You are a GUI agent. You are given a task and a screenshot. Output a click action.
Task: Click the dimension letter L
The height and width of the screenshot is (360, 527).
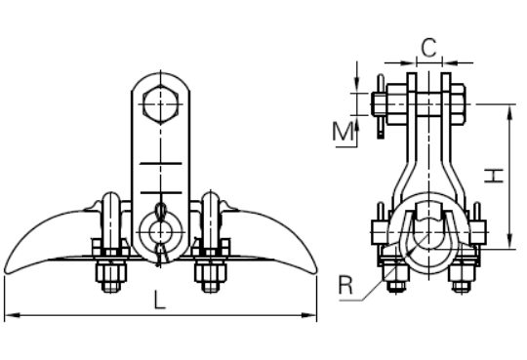coord(160,300)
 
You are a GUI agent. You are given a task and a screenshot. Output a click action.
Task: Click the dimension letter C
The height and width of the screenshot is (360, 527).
coord(428,48)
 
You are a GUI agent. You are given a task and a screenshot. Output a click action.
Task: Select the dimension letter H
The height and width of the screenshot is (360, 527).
coord(494,176)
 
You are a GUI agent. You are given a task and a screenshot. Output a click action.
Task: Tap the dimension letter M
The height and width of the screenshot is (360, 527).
coord(343,132)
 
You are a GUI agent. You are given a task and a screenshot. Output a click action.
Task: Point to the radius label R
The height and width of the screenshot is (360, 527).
coord(345,285)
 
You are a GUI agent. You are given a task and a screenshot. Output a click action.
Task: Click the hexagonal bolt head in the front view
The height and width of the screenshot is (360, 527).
coord(160,104)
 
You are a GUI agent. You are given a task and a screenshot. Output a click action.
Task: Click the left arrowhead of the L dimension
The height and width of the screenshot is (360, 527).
coord(13,315)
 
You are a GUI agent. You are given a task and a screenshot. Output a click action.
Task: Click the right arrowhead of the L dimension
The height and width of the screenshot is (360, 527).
coord(308,315)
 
